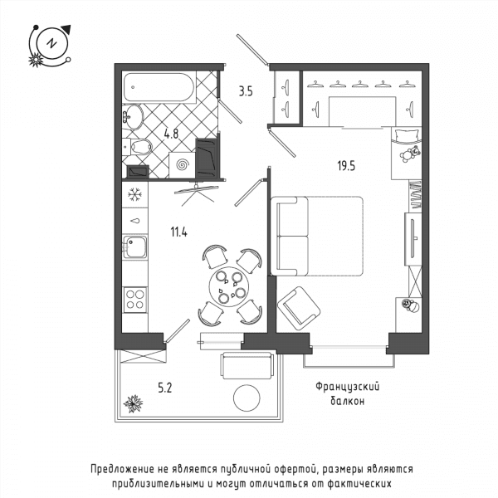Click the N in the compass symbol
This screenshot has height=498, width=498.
coord(51,43)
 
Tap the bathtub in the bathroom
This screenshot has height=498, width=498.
coord(159,87)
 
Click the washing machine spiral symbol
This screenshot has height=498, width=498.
coord(183,165)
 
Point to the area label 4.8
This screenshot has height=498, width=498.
coord(171,134)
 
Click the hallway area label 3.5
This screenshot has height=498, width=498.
coord(246,91)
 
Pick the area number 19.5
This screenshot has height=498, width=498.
coord(346,166)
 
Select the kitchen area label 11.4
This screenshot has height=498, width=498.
coord(178,232)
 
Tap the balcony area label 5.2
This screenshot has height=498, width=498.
coord(165,388)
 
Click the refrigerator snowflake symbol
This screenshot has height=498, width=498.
coord(135,194)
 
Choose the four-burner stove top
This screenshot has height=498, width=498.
coord(135,300)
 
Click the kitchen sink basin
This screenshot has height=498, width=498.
coord(135,247)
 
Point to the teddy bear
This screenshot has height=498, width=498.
coord(409,154)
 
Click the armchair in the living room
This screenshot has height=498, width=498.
coord(299,308)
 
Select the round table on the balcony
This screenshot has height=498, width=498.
coord(247,398)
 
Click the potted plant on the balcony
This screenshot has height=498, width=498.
coord(133,403)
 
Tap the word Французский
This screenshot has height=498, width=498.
coord(348,387)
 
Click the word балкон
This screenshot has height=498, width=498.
coord(348,401)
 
